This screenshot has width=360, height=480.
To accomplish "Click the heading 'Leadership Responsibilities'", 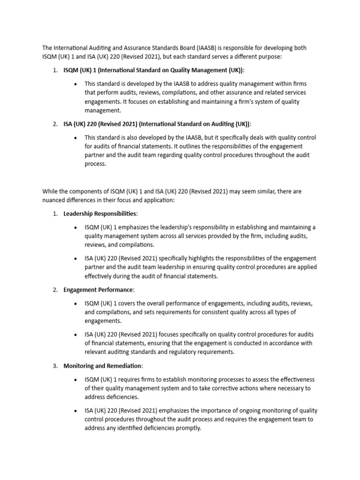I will (100, 214).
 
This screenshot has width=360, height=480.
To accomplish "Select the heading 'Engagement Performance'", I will (98, 290).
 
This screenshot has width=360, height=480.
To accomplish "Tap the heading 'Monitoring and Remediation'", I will (103, 366).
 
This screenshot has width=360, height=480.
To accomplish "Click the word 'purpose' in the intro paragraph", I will (277, 57).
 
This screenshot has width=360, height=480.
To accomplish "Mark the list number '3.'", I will (55, 366).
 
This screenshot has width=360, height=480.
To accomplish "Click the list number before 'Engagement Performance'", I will (55, 290).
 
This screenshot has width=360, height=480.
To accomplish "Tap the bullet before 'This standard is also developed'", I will (76, 138).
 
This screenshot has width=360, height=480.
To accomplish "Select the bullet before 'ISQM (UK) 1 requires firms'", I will (76, 379).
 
